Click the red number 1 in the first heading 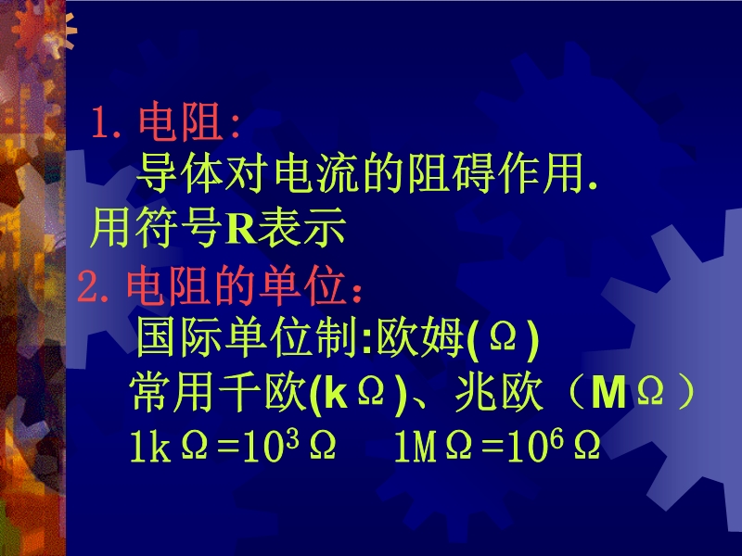100,123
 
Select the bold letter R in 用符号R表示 240,228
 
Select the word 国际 179,338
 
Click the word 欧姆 420,338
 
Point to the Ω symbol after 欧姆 503,337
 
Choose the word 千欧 262,392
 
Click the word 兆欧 498,392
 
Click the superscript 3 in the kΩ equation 292,438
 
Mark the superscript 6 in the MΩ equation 557,438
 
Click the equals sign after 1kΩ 228,447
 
